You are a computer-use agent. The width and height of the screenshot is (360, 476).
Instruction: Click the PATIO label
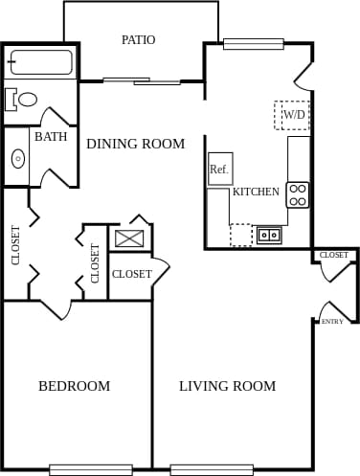pos(138,40)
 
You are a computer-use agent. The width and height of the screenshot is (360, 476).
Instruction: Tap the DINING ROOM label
pos(135,144)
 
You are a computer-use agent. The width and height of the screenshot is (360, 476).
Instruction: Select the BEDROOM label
pos(74,386)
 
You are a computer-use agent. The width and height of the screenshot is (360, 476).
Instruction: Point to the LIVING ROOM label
pos(227,386)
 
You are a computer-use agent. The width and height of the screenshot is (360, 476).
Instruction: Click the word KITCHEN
pos(256,192)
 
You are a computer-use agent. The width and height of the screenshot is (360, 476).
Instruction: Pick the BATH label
pos(51,137)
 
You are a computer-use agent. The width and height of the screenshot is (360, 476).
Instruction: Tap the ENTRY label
pos(332,322)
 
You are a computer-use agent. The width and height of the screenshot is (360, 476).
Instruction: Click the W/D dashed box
pos(292,115)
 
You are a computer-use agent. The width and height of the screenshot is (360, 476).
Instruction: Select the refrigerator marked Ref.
pos(220,169)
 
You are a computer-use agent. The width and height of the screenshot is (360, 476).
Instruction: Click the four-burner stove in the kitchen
pos(298,194)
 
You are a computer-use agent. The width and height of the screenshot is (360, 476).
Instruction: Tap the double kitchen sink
pos(269,234)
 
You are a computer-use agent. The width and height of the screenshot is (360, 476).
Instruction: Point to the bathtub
pos(41,62)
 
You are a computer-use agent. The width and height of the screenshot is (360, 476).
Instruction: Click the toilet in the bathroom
pos(23,99)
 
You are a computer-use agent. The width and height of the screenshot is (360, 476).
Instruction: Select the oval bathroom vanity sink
pos(17,159)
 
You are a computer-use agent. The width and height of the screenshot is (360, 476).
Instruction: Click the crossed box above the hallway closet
pos(129,238)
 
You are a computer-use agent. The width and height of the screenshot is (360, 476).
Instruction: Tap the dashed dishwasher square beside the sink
pos(241,234)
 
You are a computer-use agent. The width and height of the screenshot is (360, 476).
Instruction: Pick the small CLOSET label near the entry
pos(334,255)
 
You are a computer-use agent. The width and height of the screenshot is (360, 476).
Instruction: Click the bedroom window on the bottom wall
pos(90,469)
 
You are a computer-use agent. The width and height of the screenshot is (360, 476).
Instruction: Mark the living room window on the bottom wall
pos(212,469)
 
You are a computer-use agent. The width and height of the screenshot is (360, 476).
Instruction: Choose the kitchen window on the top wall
pos(253,43)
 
